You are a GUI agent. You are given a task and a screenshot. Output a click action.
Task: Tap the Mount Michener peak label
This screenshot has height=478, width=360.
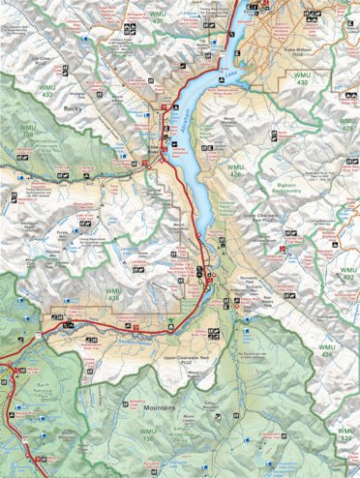point(229,125)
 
